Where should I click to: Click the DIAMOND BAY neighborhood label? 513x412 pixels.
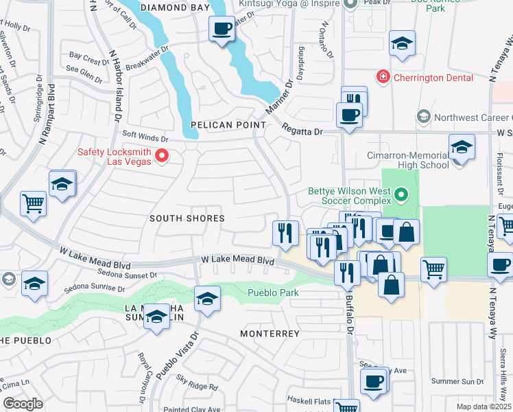(x=174, y=8)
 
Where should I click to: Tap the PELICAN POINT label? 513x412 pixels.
(x=228, y=125)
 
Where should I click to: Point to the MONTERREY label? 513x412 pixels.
(x=270, y=334)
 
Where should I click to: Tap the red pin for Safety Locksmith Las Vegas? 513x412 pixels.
(x=163, y=156)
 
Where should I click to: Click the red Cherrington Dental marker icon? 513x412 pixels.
(x=383, y=77)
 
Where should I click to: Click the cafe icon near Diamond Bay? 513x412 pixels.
(x=222, y=29)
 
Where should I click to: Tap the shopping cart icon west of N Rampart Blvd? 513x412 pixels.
(x=33, y=204)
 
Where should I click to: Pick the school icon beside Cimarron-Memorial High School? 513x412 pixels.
(x=462, y=148)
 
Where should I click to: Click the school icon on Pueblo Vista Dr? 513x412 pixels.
(x=207, y=299)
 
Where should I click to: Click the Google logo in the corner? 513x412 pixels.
(x=23, y=403)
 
